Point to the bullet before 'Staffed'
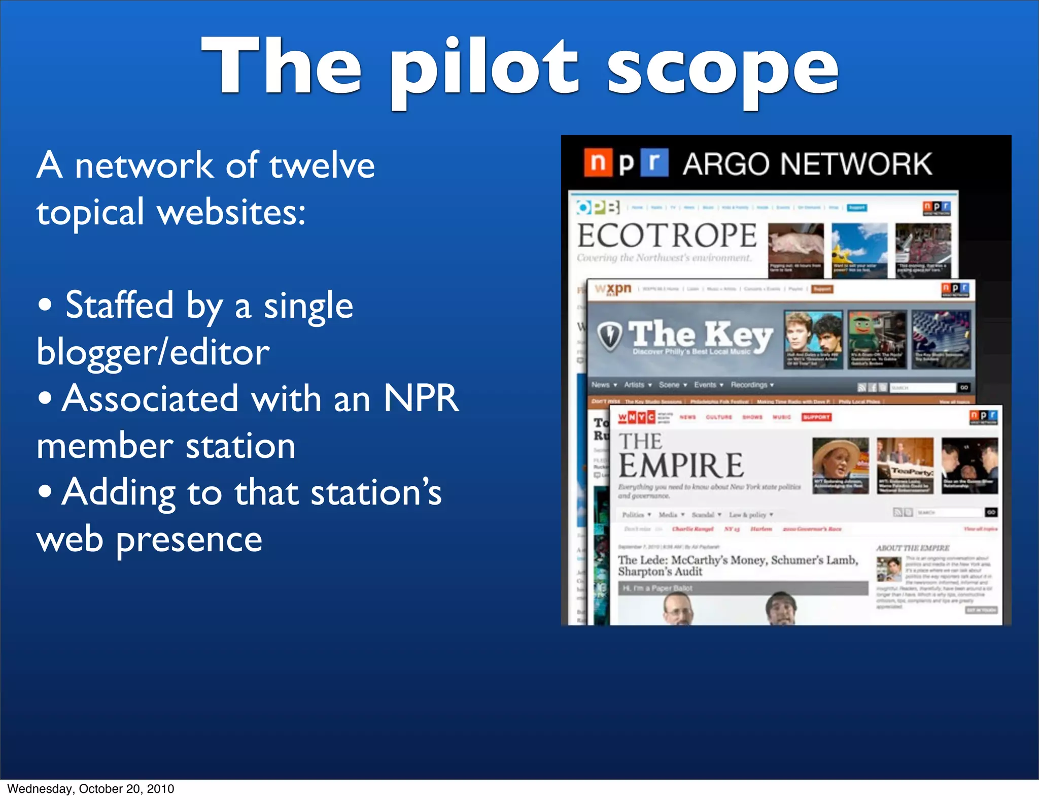[x=45, y=305]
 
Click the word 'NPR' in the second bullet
[x=421, y=398]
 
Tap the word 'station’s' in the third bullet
[x=376, y=492]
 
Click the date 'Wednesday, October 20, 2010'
[x=91, y=788]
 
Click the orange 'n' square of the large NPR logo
[x=598, y=162]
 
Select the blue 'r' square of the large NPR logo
[x=654, y=162]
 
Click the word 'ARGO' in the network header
[x=726, y=164]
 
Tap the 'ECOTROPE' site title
[x=667, y=236]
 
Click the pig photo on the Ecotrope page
[x=795, y=244]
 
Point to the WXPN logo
[x=613, y=289]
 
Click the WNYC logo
[x=636, y=417]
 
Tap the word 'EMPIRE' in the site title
[x=681, y=465]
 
